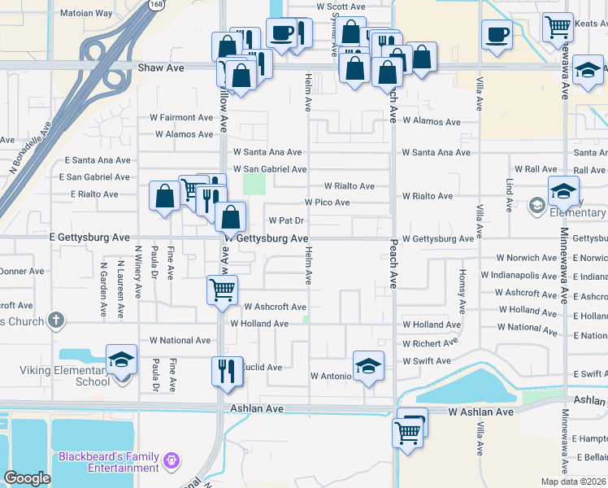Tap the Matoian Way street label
(86, 13)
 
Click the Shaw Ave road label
(161, 68)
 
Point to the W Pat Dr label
(285, 220)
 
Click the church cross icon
(55, 320)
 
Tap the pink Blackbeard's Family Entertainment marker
(171, 462)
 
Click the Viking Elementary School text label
(65, 376)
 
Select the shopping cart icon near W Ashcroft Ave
(222, 290)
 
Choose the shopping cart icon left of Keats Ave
(558, 27)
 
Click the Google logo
(27, 478)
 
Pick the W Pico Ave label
(327, 202)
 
